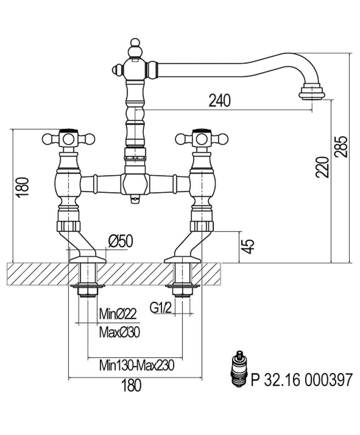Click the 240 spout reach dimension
pos(220,100)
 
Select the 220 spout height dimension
pos(322,167)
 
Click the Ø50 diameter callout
pos(121,241)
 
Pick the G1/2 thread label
pos(161,308)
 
